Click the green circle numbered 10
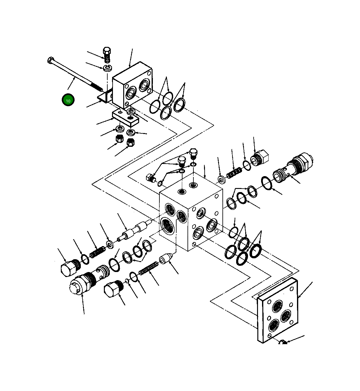coord(68,100)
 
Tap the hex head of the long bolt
coord(51,60)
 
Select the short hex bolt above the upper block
coord(107,54)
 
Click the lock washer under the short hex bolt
coord(107,68)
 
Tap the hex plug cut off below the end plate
coord(283,343)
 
